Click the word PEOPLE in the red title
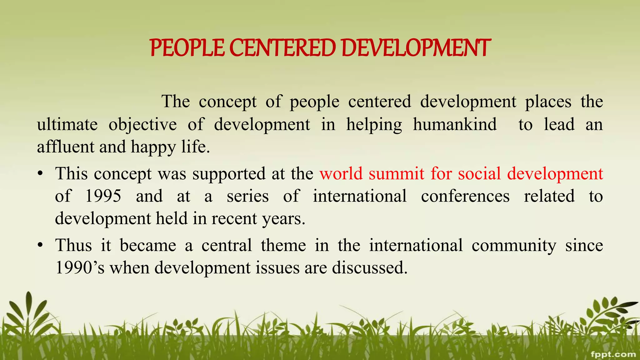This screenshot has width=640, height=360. click(x=187, y=48)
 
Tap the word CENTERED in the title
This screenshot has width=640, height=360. click(x=282, y=48)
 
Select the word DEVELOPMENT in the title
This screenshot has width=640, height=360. click(x=416, y=48)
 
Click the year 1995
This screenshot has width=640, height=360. click(x=103, y=196)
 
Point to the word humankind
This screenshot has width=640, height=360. click(x=455, y=124)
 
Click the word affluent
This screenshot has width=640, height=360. click(x=65, y=147)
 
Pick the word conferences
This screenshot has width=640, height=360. click(x=465, y=196)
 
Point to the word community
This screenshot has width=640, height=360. click(x=514, y=245)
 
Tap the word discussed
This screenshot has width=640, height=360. click(x=370, y=268)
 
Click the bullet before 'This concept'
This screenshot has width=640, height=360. click(x=40, y=174)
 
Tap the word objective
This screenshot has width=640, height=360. click(x=142, y=124)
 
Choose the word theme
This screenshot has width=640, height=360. click(x=283, y=245)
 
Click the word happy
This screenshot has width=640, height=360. click(x=153, y=147)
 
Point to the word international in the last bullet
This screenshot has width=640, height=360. click(x=416, y=245)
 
